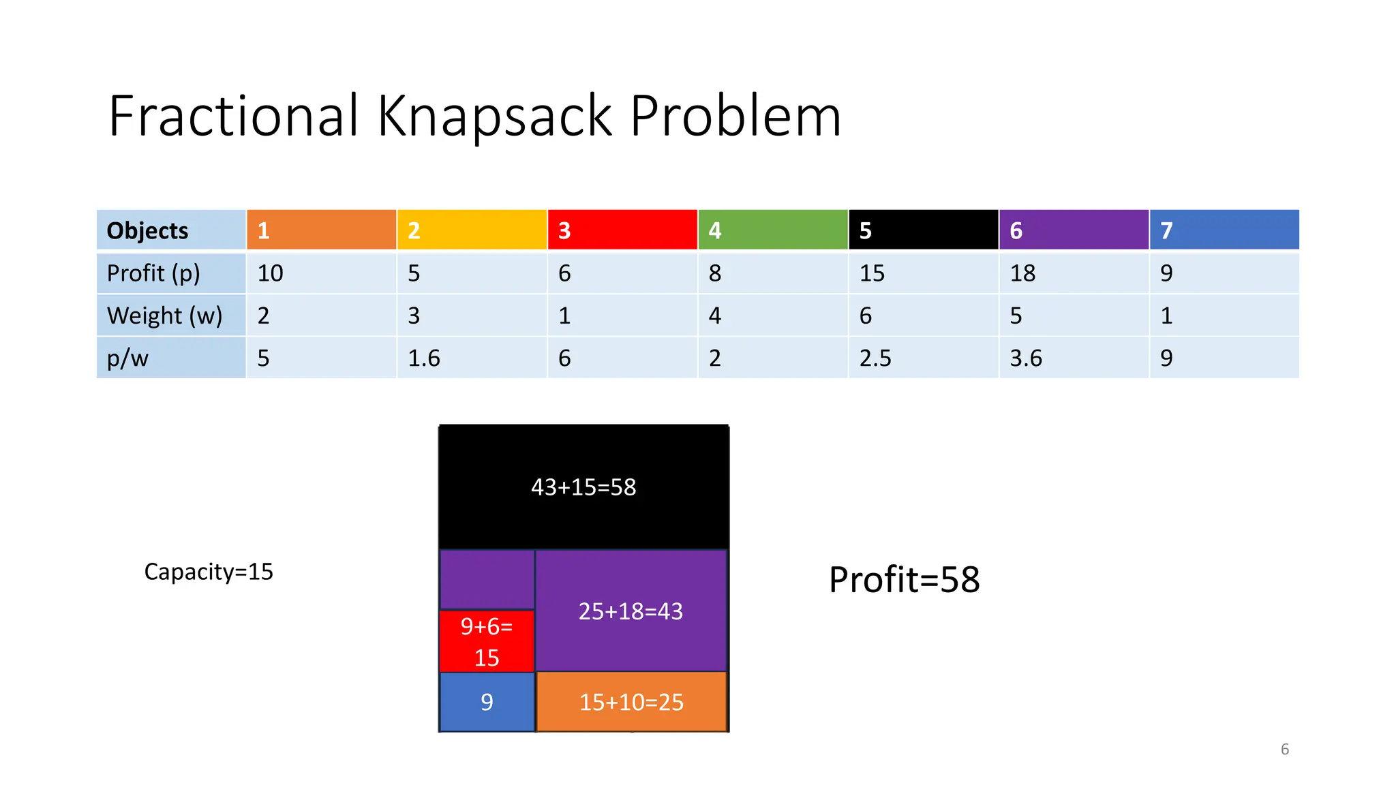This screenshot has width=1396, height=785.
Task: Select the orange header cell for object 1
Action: click(321, 230)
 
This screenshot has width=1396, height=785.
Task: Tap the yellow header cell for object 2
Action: click(472, 230)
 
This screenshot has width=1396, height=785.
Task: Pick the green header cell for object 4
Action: click(772, 230)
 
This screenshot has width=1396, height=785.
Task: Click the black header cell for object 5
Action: click(923, 230)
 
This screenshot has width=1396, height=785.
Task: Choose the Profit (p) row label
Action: click(154, 273)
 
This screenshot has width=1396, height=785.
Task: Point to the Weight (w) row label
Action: click(165, 315)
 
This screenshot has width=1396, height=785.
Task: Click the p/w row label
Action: click(128, 358)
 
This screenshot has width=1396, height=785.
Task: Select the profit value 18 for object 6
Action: click(1022, 273)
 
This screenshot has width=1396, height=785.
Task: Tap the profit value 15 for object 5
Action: click(872, 273)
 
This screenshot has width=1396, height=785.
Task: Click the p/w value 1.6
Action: click(424, 358)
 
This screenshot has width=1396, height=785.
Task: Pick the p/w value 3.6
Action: click(1026, 358)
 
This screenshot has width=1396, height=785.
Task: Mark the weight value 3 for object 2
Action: click(414, 315)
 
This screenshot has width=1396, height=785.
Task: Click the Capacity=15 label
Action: click(209, 572)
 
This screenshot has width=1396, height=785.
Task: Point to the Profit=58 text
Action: click(905, 580)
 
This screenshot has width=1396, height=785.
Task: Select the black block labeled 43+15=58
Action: click(583, 487)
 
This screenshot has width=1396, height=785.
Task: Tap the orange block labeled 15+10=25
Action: click(631, 702)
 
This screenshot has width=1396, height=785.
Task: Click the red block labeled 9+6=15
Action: click(487, 641)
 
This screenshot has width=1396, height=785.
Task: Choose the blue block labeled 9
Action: click(487, 702)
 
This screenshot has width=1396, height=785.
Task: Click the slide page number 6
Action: click(1285, 750)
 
